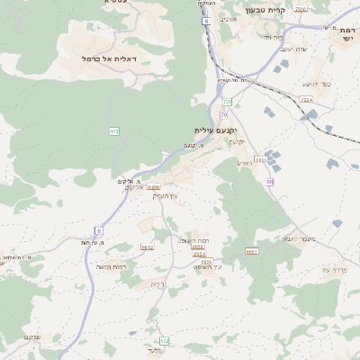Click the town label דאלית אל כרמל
click(x=100, y=58)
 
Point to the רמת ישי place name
click(x=346, y=33)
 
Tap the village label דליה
click(x=157, y=284)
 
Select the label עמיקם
click(x=31, y=337)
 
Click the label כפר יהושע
click(x=316, y=84)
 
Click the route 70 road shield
click(x=223, y=115)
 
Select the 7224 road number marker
click(x=305, y=100)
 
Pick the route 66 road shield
click(x=269, y=183)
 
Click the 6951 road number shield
click(x=251, y=252)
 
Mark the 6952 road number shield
click(x=148, y=247)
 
